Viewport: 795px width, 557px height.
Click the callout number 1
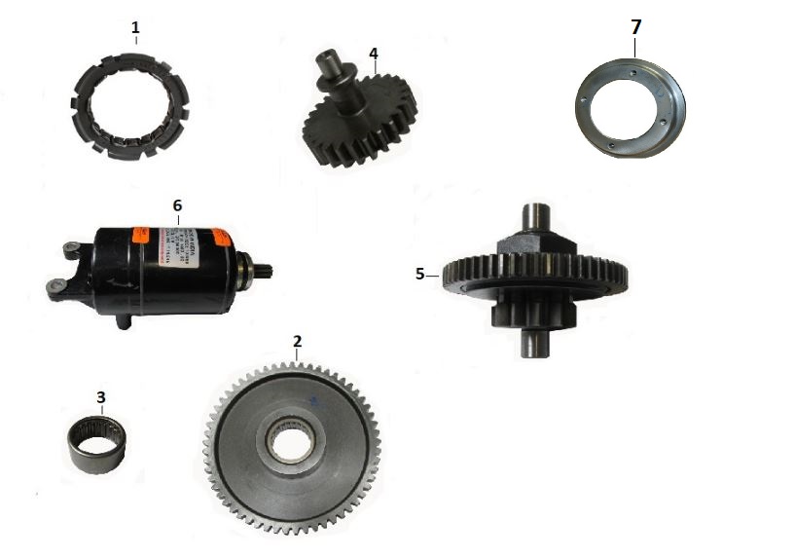click(x=135, y=27)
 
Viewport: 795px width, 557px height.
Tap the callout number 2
click(x=298, y=341)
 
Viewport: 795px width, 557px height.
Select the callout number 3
click(x=100, y=397)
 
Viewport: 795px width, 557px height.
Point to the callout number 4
click(x=373, y=51)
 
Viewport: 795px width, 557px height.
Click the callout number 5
click(x=420, y=274)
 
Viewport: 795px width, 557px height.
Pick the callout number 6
click(x=176, y=205)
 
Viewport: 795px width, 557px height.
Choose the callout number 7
click(x=636, y=25)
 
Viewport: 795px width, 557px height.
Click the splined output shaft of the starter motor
click(x=260, y=268)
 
